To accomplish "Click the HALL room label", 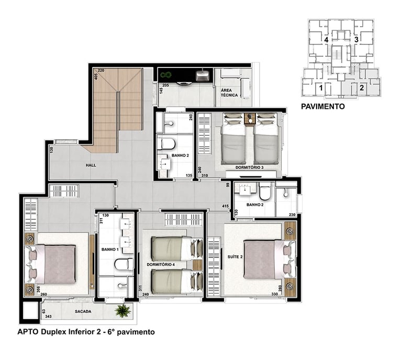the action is point(91,165).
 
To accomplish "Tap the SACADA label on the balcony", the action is point(83,311).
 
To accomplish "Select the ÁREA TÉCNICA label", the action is point(229,93).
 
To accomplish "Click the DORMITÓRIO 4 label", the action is point(161,264).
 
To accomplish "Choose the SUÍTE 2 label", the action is point(235,257).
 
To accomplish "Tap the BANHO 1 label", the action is point(110,249).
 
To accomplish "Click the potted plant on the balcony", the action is point(123,310).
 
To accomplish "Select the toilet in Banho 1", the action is point(124,264).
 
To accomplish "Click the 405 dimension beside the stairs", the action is point(96,76).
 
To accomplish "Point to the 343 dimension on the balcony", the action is point(48,317).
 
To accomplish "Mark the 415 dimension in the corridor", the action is point(226,206).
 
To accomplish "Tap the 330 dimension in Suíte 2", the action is point(275,294).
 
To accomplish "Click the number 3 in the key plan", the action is point(356,40).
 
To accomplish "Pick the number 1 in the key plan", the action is point(320,88).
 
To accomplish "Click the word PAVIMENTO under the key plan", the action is point(323,106).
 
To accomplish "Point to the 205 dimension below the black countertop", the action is point(165,85).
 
